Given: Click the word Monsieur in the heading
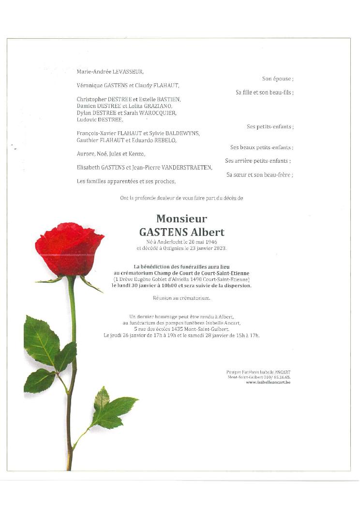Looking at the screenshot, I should [x=181, y=219].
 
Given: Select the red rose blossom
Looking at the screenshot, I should [x=69, y=248].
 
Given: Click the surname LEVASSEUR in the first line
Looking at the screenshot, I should [x=128, y=72].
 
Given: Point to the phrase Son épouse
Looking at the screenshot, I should [x=278, y=78].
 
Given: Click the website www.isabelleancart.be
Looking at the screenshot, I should [x=268, y=382].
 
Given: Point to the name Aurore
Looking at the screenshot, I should [x=85, y=154].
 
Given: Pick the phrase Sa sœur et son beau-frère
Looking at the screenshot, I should [x=260, y=175].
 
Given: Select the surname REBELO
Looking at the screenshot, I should [x=165, y=140].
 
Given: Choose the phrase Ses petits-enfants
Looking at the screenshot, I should [x=270, y=126].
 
